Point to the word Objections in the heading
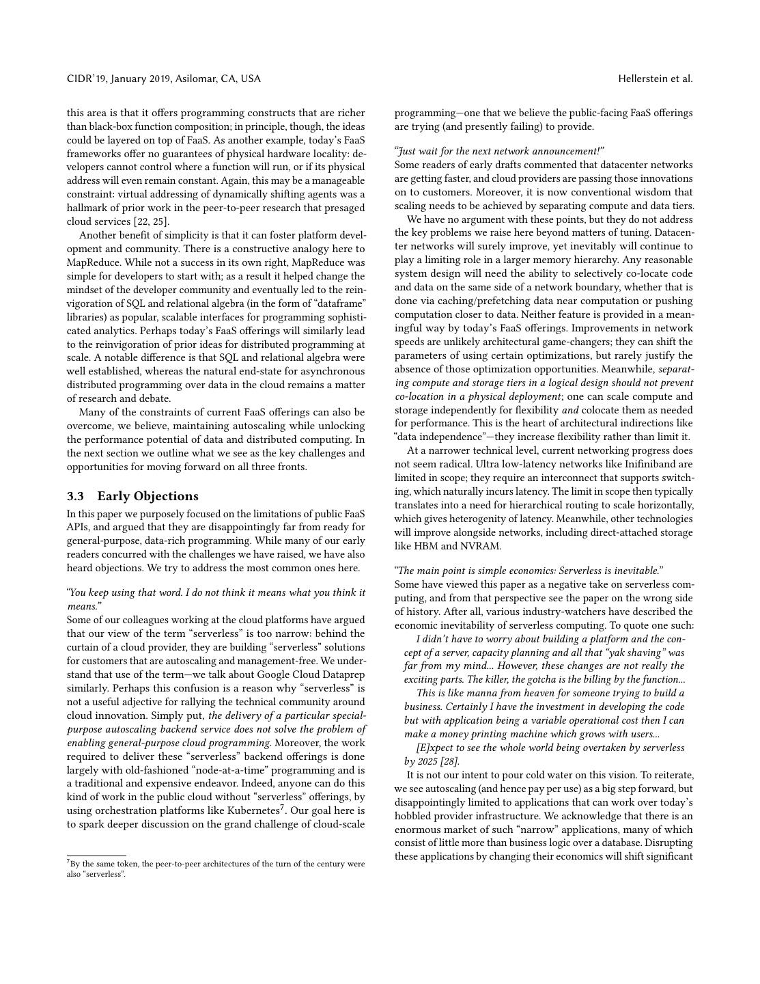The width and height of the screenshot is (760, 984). coord(168,496)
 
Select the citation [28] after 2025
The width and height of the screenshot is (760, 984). coord(447,761)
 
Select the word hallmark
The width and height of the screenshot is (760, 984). coord(88,208)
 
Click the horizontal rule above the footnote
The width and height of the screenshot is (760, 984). coord(96,856)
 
